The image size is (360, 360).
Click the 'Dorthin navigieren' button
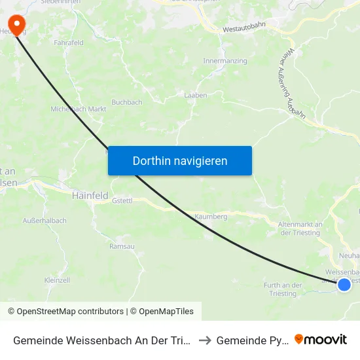(180, 160)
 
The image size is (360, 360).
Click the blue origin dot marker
(344, 284)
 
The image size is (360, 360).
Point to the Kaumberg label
(211, 216)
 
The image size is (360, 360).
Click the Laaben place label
(196, 96)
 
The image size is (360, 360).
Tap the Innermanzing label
(225, 61)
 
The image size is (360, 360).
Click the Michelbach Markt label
(79, 109)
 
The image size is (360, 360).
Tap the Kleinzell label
(57, 279)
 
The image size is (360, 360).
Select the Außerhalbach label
(45, 221)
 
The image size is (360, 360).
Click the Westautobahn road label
(243, 29)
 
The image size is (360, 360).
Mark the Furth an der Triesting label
(283, 289)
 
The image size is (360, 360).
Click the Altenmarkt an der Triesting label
(300, 228)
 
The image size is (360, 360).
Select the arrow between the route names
(204, 340)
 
